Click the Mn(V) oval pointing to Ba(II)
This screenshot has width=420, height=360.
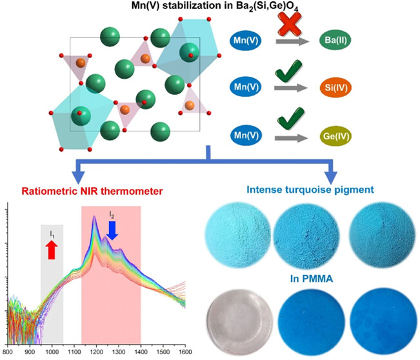pyautogui.click(x=248, y=43)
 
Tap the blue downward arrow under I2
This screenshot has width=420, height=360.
pyautogui.click(x=112, y=230)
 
